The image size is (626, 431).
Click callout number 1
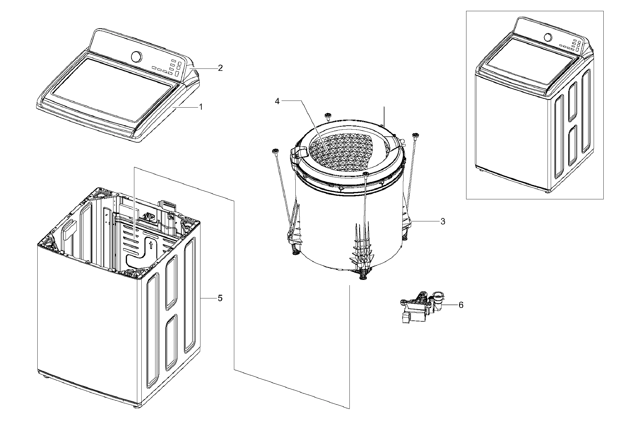tap(201, 107)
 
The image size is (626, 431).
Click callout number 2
tap(220, 68)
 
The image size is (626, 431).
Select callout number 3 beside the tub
tap(443, 221)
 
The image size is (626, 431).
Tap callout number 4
tap(277, 101)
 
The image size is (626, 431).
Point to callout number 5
tap(220, 298)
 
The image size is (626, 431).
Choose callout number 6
tap(461, 305)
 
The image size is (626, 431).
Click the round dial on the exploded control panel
tap(137, 57)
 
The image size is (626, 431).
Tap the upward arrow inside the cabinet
tap(151, 237)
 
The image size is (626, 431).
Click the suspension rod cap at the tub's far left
tap(275, 151)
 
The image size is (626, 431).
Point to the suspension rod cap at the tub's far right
tap(415, 135)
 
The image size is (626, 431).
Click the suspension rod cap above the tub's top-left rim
tap(327, 115)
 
